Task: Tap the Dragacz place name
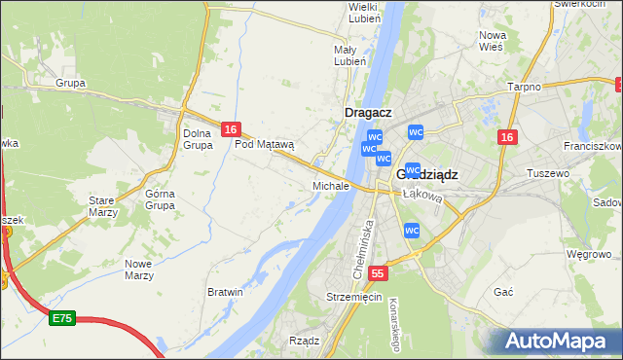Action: (369, 113)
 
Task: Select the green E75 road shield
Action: (62, 318)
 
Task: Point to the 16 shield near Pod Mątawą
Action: (230, 128)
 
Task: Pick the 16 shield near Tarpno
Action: (505, 137)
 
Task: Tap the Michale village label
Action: (330, 185)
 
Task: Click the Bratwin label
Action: (225, 291)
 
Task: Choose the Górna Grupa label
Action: (160, 199)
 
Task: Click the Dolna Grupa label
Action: (198, 139)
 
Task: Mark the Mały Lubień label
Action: (349, 54)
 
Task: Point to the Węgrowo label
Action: (587, 255)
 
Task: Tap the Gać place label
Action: (503, 292)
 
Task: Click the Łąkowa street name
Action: (422, 196)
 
